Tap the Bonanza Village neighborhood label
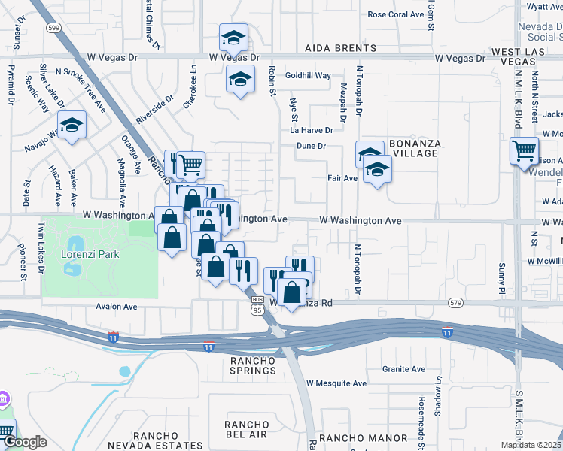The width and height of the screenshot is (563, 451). click(413, 148)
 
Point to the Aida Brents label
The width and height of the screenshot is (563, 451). click(333, 48)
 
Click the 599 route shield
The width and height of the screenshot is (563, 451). click(53, 27)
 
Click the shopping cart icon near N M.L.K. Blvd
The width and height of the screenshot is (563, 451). click(523, 150)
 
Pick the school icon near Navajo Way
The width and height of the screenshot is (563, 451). click(72, 124)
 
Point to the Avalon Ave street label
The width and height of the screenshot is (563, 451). click(117, 307)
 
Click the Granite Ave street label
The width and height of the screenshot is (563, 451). click(403, 369)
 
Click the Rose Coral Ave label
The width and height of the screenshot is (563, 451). click(396, 14)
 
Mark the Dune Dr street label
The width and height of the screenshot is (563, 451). click(310, 146)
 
